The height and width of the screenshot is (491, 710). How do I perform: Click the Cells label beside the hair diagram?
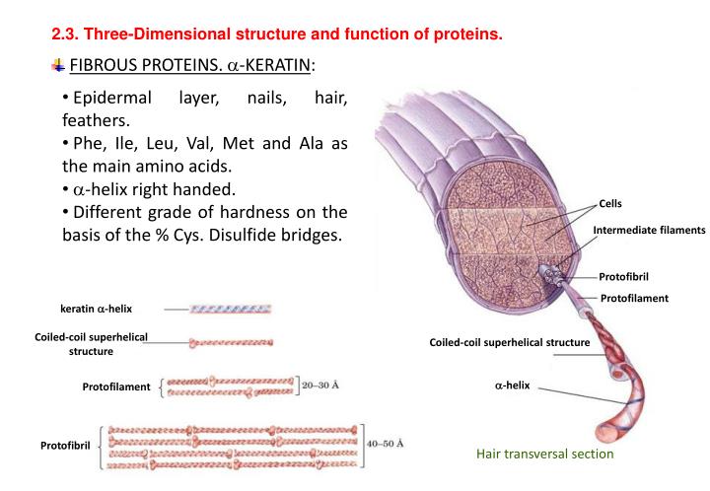coord(610,204)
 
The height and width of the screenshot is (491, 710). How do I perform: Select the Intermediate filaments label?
coord(649,230)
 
